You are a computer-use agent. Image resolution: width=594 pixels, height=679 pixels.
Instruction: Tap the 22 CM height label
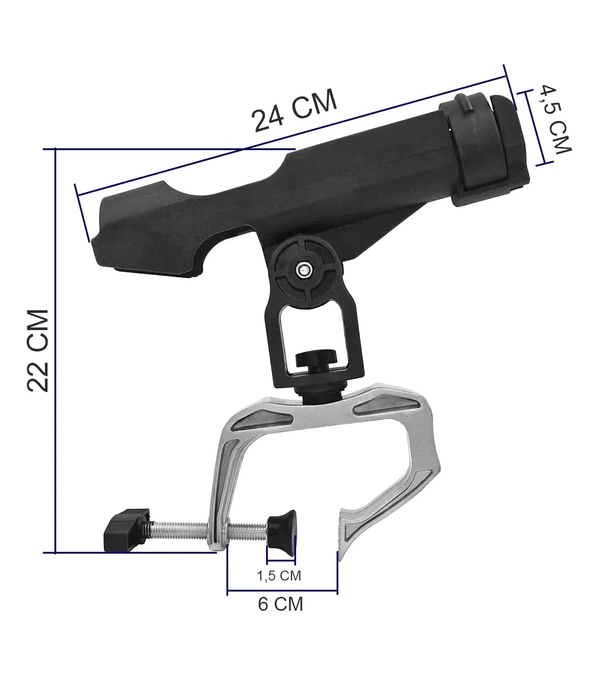(x=38, y=351)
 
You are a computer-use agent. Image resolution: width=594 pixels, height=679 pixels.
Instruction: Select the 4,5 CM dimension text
(x=555, y=119)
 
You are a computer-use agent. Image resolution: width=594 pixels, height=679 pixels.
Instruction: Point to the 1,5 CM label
(x=279, y=576)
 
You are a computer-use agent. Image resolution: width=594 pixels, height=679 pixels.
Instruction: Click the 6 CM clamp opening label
(x=280, y=604)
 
